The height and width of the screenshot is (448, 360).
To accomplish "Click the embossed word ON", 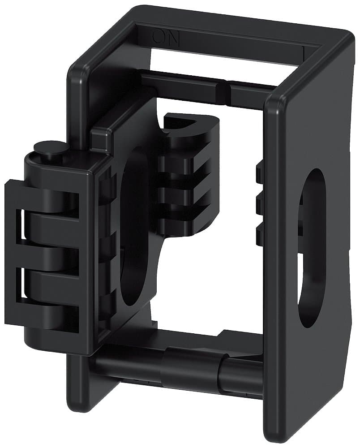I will click(x=166, y=39).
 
